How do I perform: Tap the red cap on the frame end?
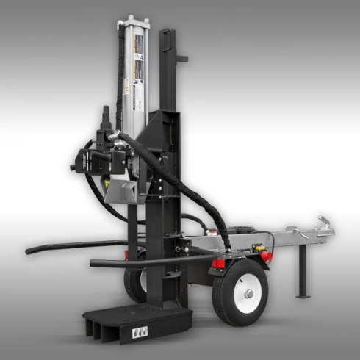[267, 256]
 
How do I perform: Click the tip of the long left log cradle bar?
[29, 251]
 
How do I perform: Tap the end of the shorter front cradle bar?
[94, 263]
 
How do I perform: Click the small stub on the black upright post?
[183, 56]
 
